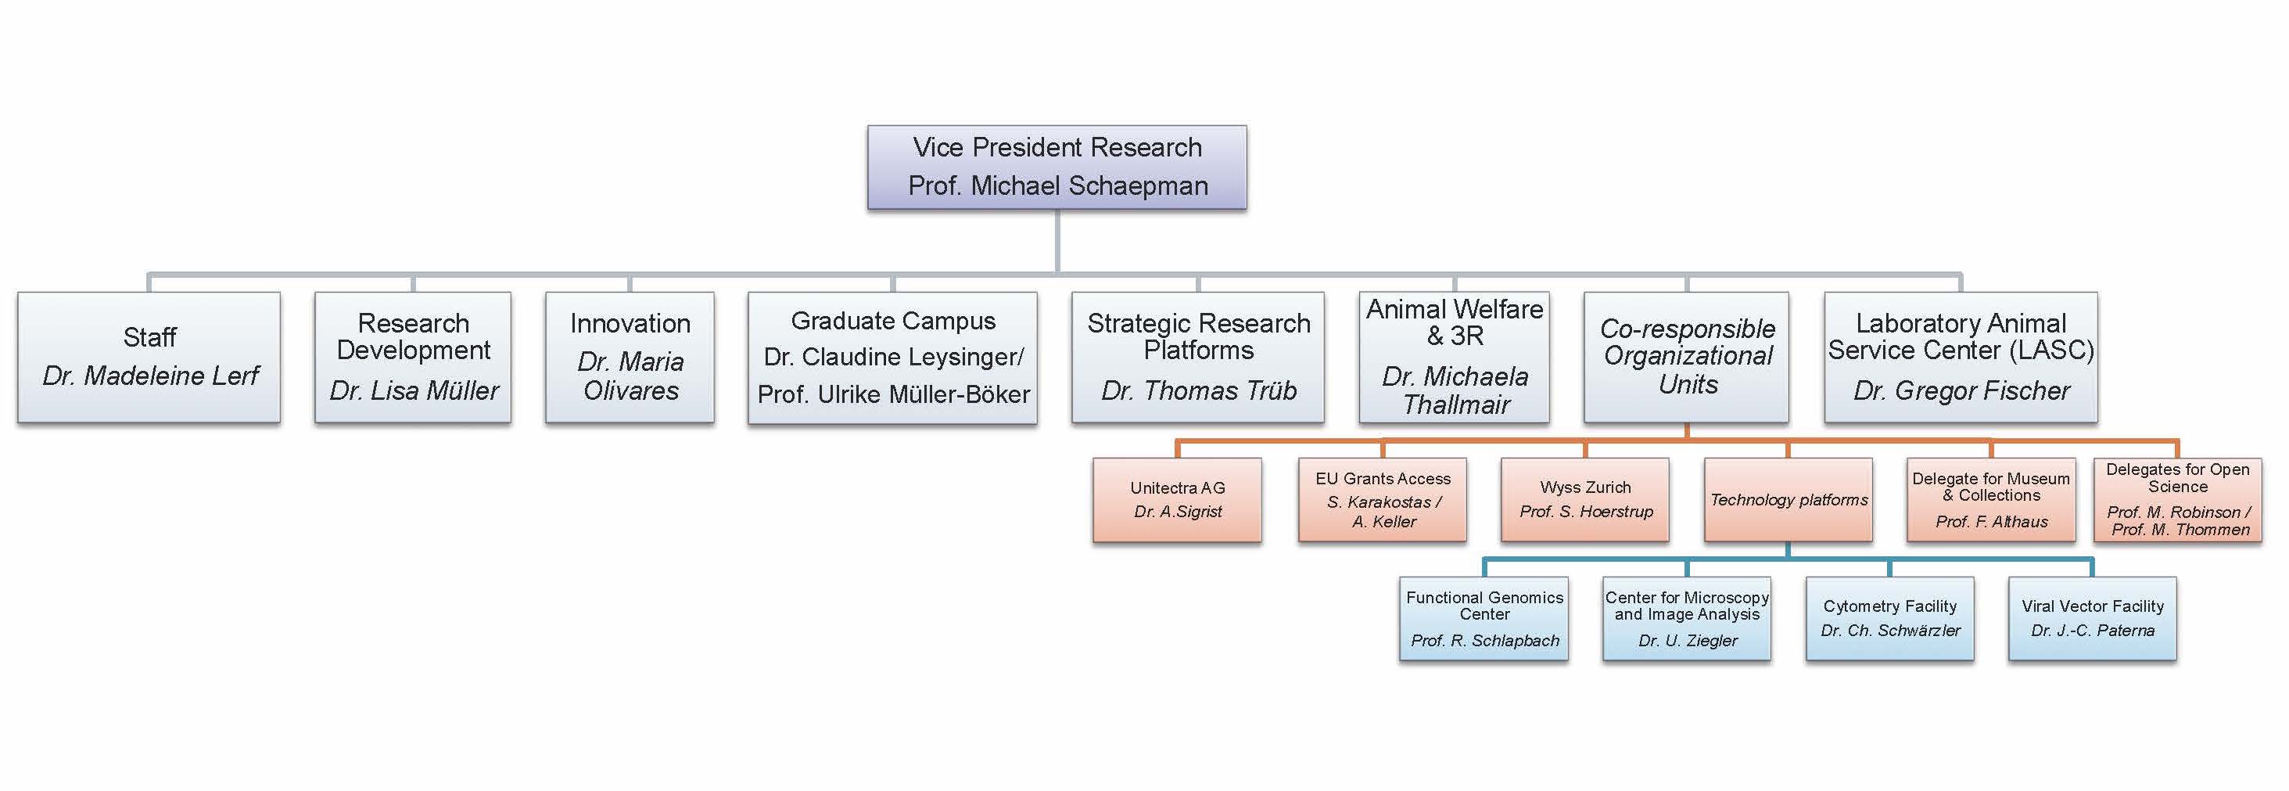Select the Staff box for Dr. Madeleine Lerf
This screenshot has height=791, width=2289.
click(149, 357)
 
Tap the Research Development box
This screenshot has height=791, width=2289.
click(413, 357)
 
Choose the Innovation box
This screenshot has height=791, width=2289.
click(630, 357)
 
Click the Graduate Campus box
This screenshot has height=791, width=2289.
click(892, 358)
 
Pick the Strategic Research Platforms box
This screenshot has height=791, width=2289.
click(1198, 357)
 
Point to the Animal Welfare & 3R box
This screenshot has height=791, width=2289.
click(1454, 357)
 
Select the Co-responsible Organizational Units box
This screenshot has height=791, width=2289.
click(1687, 357)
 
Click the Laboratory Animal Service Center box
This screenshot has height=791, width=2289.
click(1961, 357)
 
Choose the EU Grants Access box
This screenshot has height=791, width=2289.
click(1383, 499)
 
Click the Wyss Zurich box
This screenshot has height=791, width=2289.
click(1585, 499)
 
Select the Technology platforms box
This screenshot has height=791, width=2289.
click(1788, 499)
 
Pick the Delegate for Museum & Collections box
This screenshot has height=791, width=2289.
click(1990, 499)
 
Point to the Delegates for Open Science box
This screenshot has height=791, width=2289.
click(2177, 499)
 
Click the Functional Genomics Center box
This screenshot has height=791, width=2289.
click(1484, 619)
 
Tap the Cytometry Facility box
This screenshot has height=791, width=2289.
click(1889, 619)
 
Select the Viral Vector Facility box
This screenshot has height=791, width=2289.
click(2092, 619)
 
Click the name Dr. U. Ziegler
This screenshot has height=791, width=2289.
click(1688, 641)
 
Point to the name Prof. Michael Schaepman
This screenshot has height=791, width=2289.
click(1057, 185)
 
